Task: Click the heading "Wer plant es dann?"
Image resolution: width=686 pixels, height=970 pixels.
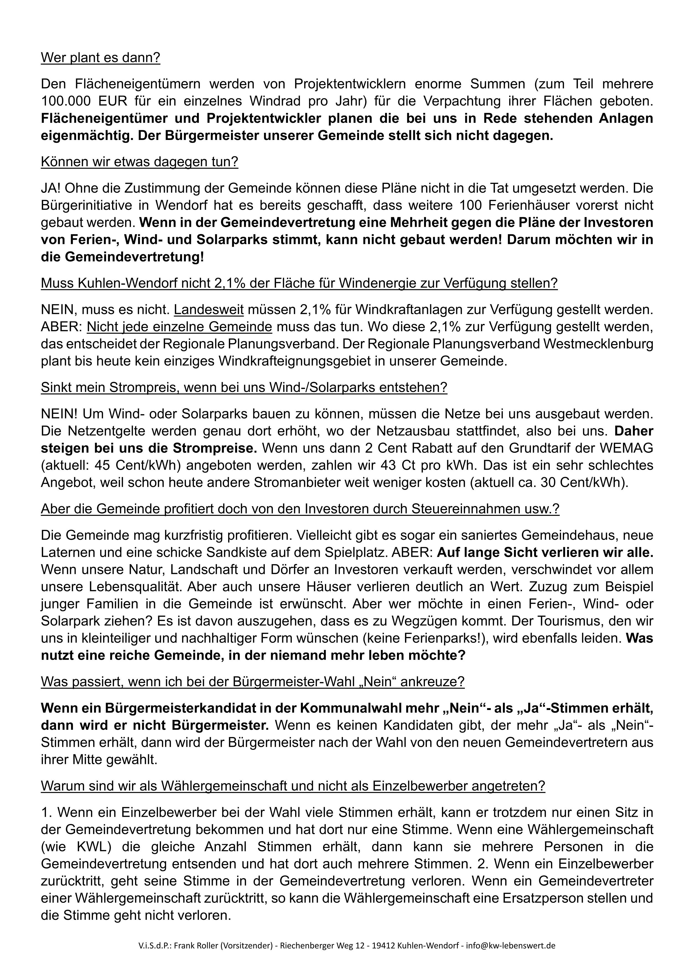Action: pos(100,58)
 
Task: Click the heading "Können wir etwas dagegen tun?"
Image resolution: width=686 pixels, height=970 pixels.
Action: pos(139,162)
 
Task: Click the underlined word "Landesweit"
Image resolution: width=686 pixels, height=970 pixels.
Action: pos(209,310)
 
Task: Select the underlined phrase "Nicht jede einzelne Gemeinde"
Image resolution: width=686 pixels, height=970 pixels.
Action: pos(180,327)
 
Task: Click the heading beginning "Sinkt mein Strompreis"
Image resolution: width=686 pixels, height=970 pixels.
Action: pos(244,388)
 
